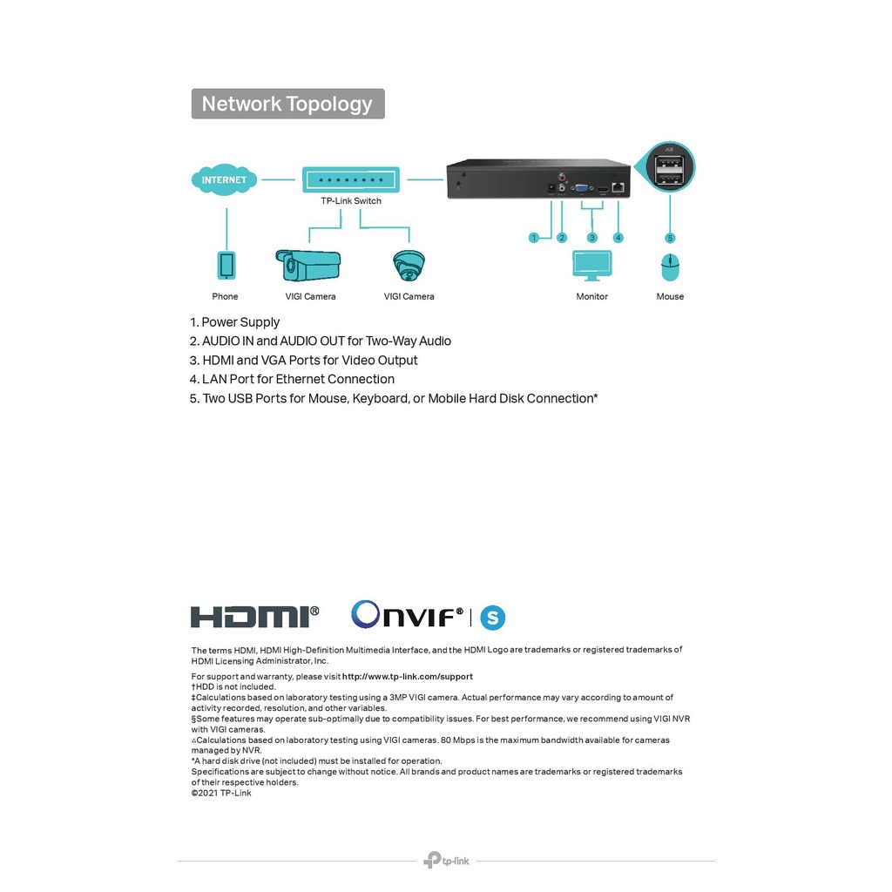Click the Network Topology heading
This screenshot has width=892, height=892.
click(x=287, y=104)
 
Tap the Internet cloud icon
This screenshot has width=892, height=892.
click(x=224, y=180)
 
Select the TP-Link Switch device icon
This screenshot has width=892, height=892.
click(x=349, y=180)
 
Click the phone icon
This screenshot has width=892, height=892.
click(x=226, y=265)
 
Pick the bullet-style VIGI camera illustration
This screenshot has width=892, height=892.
click(x=307, y=265)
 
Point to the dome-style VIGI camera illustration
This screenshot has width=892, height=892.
click(x=409, y=265)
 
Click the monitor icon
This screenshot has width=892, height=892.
click(x=592, y=265)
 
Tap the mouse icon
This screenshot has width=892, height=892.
click(x=670, y=267)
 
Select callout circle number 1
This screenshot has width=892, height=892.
click(x=535, y=238)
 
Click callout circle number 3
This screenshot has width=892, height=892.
click(x=592, y=238)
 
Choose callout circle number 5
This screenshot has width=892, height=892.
click(x=670, y=238)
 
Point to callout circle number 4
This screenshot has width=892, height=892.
click(x=618, y=238)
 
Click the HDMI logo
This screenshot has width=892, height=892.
click(x=254, y=617)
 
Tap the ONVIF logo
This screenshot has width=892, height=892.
click(x=407, y=616)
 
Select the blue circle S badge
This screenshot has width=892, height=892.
click(x=493, y=618)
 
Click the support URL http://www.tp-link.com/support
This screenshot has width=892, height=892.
click(x=408, y=677)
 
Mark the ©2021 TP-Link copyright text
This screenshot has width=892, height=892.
click(x=221, y=793)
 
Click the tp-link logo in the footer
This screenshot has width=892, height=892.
click(x=446, y=861)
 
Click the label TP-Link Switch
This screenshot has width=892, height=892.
click(x=350, y=201)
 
